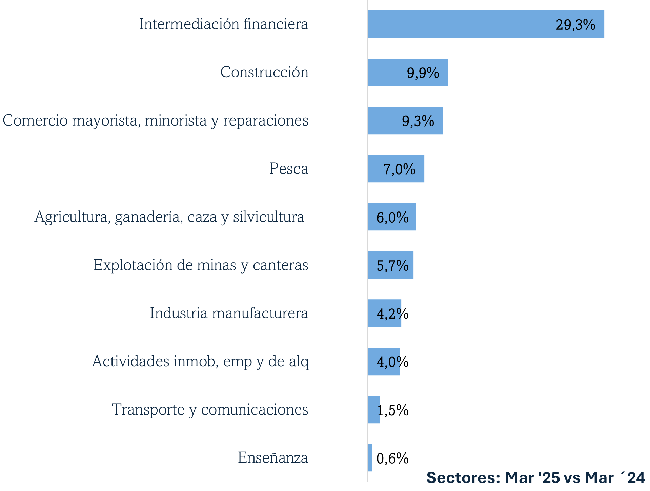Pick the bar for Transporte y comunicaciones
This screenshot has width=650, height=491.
click(373, 410)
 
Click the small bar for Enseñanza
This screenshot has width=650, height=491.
click(370, 458)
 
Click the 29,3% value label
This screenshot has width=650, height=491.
click(575, 25)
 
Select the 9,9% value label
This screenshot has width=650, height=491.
click(423, 73)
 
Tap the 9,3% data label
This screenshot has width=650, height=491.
click(418, 121)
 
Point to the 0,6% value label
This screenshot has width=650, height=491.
click(392, 459)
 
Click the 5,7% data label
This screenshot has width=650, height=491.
click(392, 266)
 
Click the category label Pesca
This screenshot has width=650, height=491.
click(289, 169)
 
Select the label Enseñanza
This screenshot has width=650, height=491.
click(273, 458)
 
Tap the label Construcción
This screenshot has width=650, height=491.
click(264, 72)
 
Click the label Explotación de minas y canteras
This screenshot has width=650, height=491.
click(201, 265)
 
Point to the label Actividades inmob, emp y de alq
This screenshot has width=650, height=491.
click(200, 361)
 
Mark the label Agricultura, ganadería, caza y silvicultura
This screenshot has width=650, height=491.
click(169, 217)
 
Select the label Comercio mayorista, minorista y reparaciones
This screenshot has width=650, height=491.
click(156, 120)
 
